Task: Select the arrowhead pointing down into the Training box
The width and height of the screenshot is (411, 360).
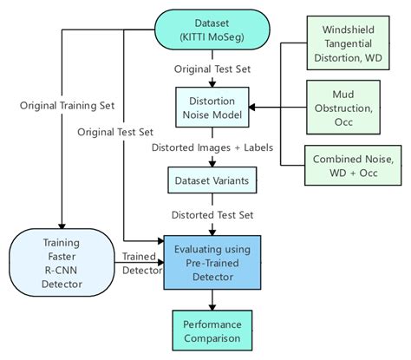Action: click(x=61, y=222)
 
